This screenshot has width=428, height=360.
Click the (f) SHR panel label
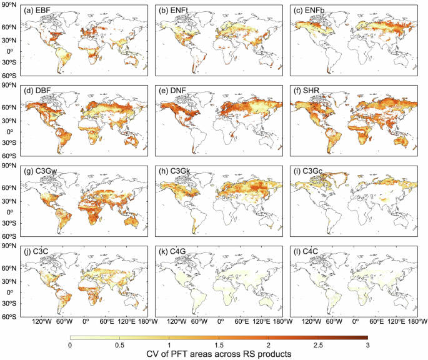(x=312, y=92)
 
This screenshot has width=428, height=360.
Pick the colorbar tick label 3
(x=367, y=346)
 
